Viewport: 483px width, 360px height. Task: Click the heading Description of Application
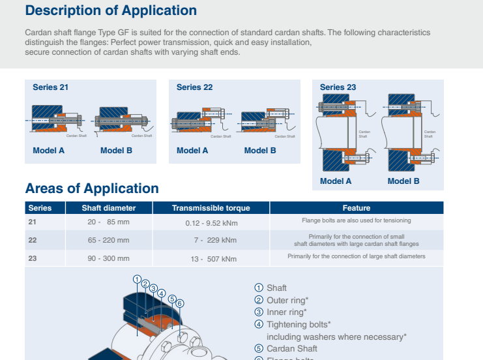[111, 10]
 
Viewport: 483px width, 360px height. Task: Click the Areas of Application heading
[92, 188]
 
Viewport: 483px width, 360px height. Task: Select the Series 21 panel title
[50, 87]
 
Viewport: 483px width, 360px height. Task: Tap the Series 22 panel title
[194, 87]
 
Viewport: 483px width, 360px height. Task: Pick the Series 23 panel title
[338, 87]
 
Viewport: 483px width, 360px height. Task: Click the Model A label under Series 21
[49, 151]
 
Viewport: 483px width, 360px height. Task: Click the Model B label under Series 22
[260, 151]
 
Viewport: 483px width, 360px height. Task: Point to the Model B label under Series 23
[403, 181]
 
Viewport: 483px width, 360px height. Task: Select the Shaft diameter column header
[109, 208]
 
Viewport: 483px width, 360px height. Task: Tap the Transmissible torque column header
[211, 208]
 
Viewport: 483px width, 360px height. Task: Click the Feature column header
[356, 208]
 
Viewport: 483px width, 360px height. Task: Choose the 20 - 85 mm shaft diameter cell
[109, 222]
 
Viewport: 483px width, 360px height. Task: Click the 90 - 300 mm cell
[109, 258]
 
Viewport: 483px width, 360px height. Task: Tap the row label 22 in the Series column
[33, 240]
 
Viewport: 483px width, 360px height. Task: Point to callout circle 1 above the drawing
[137, 279]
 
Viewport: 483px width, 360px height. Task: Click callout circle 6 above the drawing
[180, 303]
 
